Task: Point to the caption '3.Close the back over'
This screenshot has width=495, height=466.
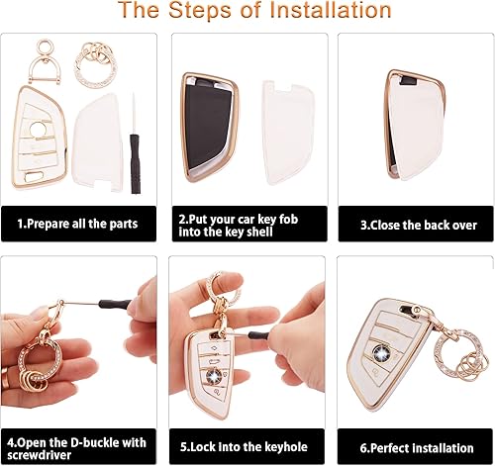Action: (406, 225)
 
